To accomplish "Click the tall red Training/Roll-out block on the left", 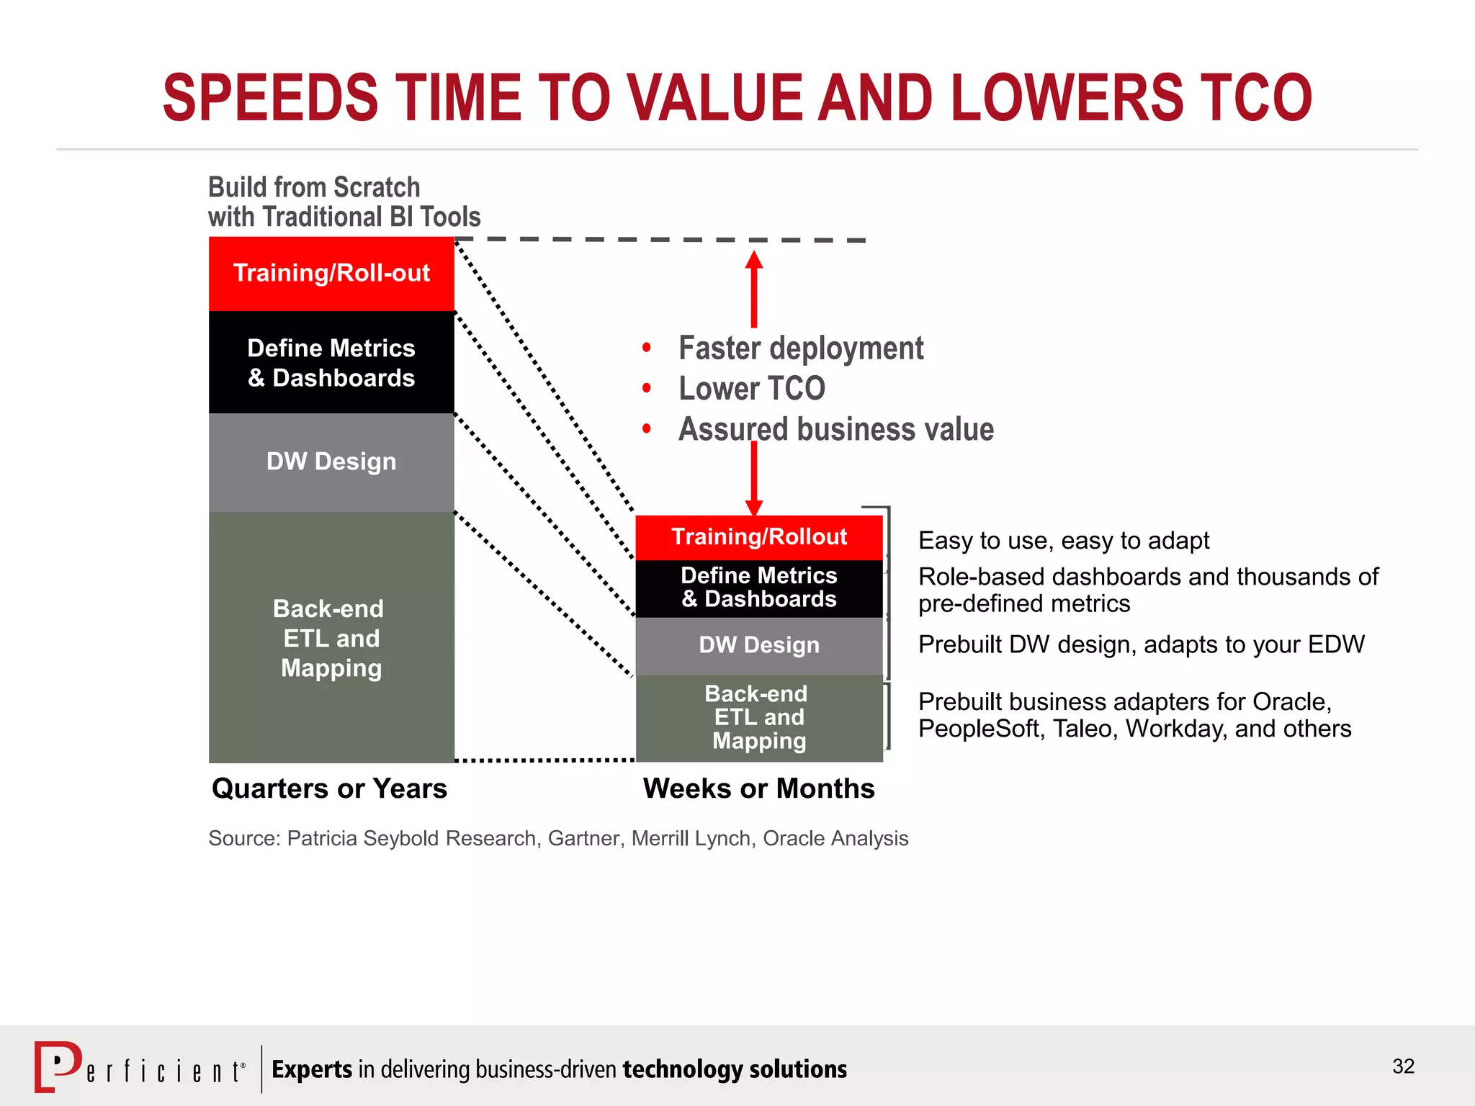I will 331,274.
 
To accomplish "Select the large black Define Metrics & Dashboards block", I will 331,362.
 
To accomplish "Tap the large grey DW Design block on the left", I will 331,462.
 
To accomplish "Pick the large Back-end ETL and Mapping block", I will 331,638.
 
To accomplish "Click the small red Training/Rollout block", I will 759,537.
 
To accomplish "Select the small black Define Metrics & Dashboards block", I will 759,588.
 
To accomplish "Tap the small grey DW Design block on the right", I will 759,645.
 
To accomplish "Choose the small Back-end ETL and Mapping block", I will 759,717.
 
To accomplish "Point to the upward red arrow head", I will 754,260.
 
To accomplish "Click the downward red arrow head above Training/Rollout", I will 754,508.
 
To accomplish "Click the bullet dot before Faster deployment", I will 647,349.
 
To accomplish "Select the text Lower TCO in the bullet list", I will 751,389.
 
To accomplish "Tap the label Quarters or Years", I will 329,789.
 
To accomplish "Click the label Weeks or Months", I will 758,789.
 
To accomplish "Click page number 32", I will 1403,1066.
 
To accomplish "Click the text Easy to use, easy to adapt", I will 1063,541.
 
